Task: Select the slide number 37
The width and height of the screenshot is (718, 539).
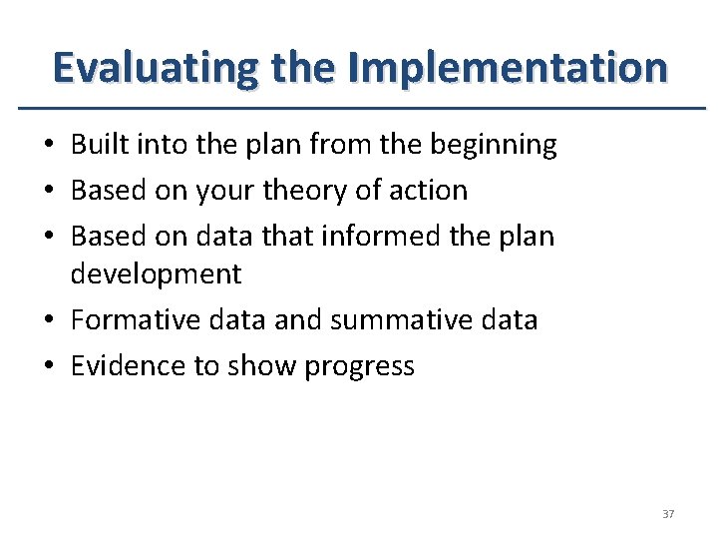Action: click(x=667, y=514)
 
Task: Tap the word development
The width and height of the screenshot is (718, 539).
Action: click(x=156, y=273)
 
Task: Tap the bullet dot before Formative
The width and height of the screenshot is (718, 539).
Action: click(x=48, y=321)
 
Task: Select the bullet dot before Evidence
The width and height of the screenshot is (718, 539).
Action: click(x=48, y=367)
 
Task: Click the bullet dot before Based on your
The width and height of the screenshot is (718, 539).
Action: click(x=48, y=191)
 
